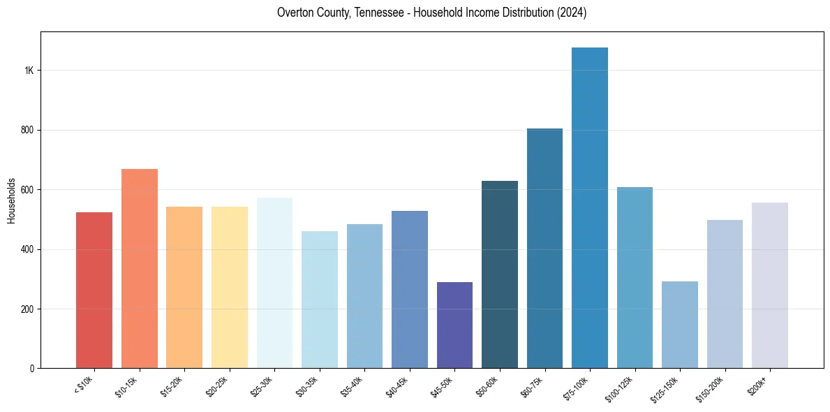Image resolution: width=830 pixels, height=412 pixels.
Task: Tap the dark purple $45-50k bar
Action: (454, 325)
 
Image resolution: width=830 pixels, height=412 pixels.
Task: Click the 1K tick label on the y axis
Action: (29, 71)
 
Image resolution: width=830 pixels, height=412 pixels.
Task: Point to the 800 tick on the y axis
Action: (28, 131)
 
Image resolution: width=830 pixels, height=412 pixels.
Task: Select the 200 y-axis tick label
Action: (28, 309)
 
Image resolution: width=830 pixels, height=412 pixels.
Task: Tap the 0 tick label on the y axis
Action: (32, 369)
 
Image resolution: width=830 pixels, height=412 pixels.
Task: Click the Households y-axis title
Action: (11, 200)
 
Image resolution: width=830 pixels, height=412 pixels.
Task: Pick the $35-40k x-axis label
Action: (355, 386)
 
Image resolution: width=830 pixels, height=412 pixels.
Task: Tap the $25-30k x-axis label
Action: (265, 386)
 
